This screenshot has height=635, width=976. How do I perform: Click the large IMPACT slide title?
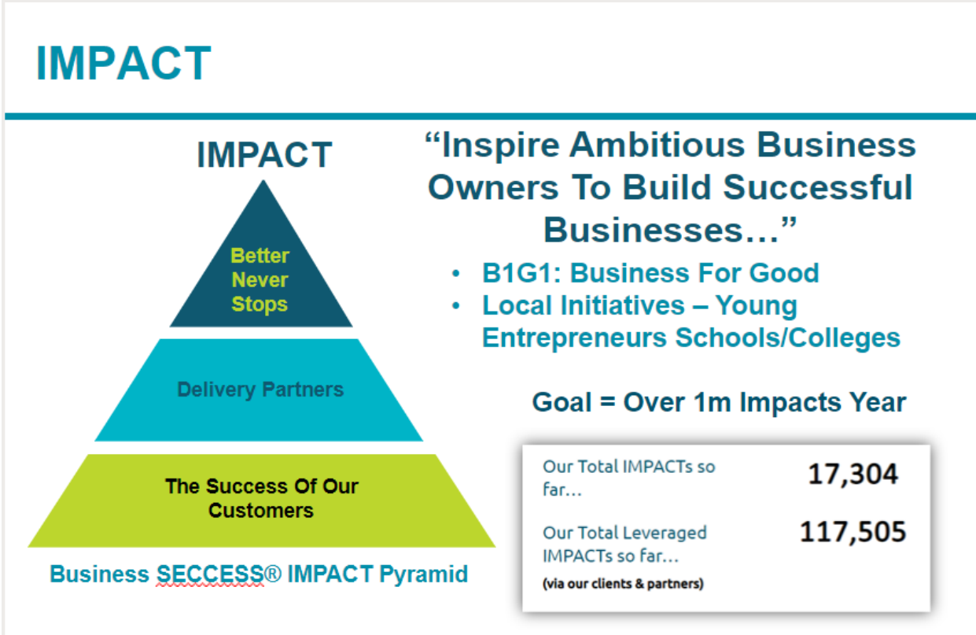pyautogui.click(x=123, y=64)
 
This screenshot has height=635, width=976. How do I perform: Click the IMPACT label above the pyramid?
pyautogui.click(x=264, y=155)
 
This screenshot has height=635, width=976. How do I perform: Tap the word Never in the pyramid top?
pyautogui.click(x=260, y=280)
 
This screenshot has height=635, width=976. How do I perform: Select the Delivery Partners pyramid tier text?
pyautogui.click(x=260, y=389)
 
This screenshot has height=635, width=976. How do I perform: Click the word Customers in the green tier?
pyautogui.click(x=261, y=511)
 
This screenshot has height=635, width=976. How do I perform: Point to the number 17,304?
pyautogui.click(x=853, y=474)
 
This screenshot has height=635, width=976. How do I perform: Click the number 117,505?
pyautogui.click(x=853, y=532)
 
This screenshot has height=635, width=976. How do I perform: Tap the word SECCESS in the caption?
pyautogui.click(x=210, y=574)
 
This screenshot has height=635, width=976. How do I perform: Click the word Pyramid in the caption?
pyautogui.click(x=424, y=574)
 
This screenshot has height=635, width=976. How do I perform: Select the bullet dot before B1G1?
pyautogui.click(x=456, y=274)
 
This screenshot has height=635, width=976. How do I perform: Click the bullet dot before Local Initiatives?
pyautogui.click(x=456, y=305)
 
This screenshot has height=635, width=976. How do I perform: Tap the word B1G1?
pyautogui.click(x=518, y=273)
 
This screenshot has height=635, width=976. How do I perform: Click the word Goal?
pyautogui.click(x=562, y=402)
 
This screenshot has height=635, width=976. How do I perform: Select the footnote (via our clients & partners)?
pyautogui.click(x=623, y=584)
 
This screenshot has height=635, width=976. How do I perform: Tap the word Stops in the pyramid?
pyautogui.click(x=260, y=305)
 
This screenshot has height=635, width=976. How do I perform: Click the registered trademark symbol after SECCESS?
pyautogui.click(x=273, y=574)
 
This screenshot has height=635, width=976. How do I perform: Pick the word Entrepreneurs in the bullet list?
pyautogui.click(x=574, y=338)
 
